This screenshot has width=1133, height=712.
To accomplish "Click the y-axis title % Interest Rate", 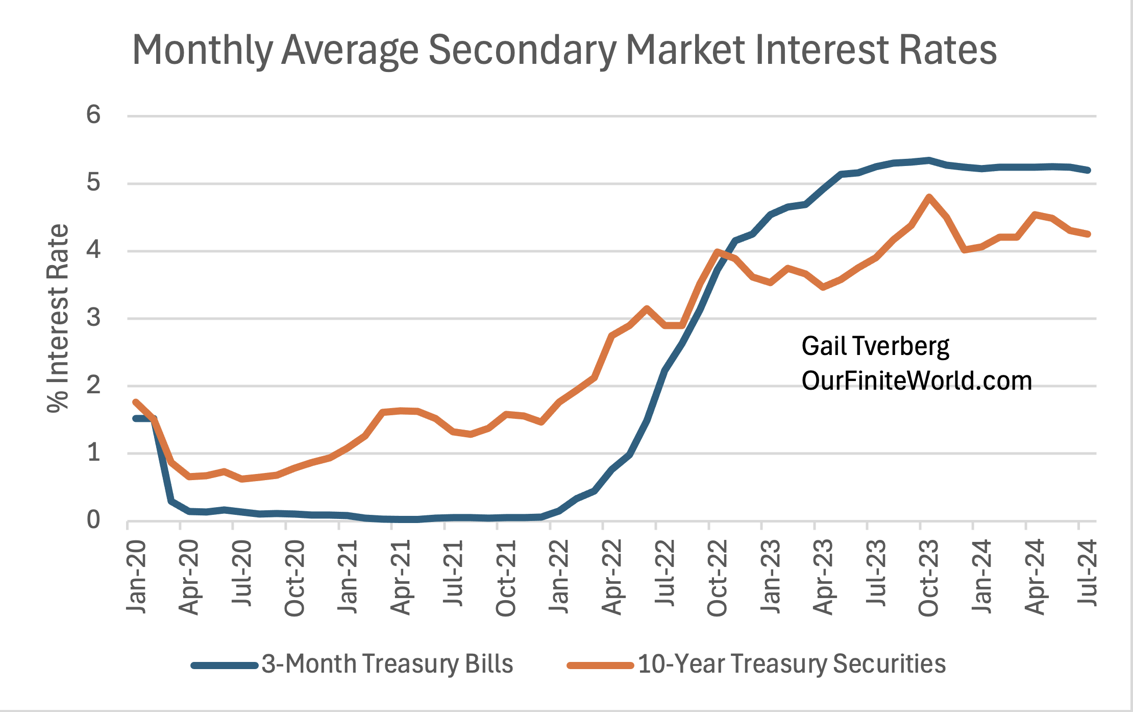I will (x=58, y=318).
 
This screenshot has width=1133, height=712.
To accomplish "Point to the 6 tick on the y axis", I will (x=93, y=114).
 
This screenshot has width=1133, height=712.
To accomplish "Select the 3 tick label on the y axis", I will (x=93, y=318).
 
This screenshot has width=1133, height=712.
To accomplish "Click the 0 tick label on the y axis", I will (x=93, y=520).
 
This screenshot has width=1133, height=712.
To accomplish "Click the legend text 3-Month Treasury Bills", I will (x=387, y=664).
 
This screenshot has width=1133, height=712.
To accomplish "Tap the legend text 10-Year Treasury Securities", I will (x=792, y=664).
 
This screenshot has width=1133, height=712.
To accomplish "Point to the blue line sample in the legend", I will (x=225, y=665).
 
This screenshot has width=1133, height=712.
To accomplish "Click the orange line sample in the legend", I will (x=600, y=665).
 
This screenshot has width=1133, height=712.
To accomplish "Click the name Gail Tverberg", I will (x=875, y=346).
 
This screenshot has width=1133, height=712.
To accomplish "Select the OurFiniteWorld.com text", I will (x=916, y=381).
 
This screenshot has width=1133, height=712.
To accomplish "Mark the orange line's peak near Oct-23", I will (x=929, y=197).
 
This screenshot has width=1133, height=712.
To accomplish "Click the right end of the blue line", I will (x=1088, y=170).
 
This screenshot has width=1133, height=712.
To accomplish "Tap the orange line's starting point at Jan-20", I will (x=135, y=402).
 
